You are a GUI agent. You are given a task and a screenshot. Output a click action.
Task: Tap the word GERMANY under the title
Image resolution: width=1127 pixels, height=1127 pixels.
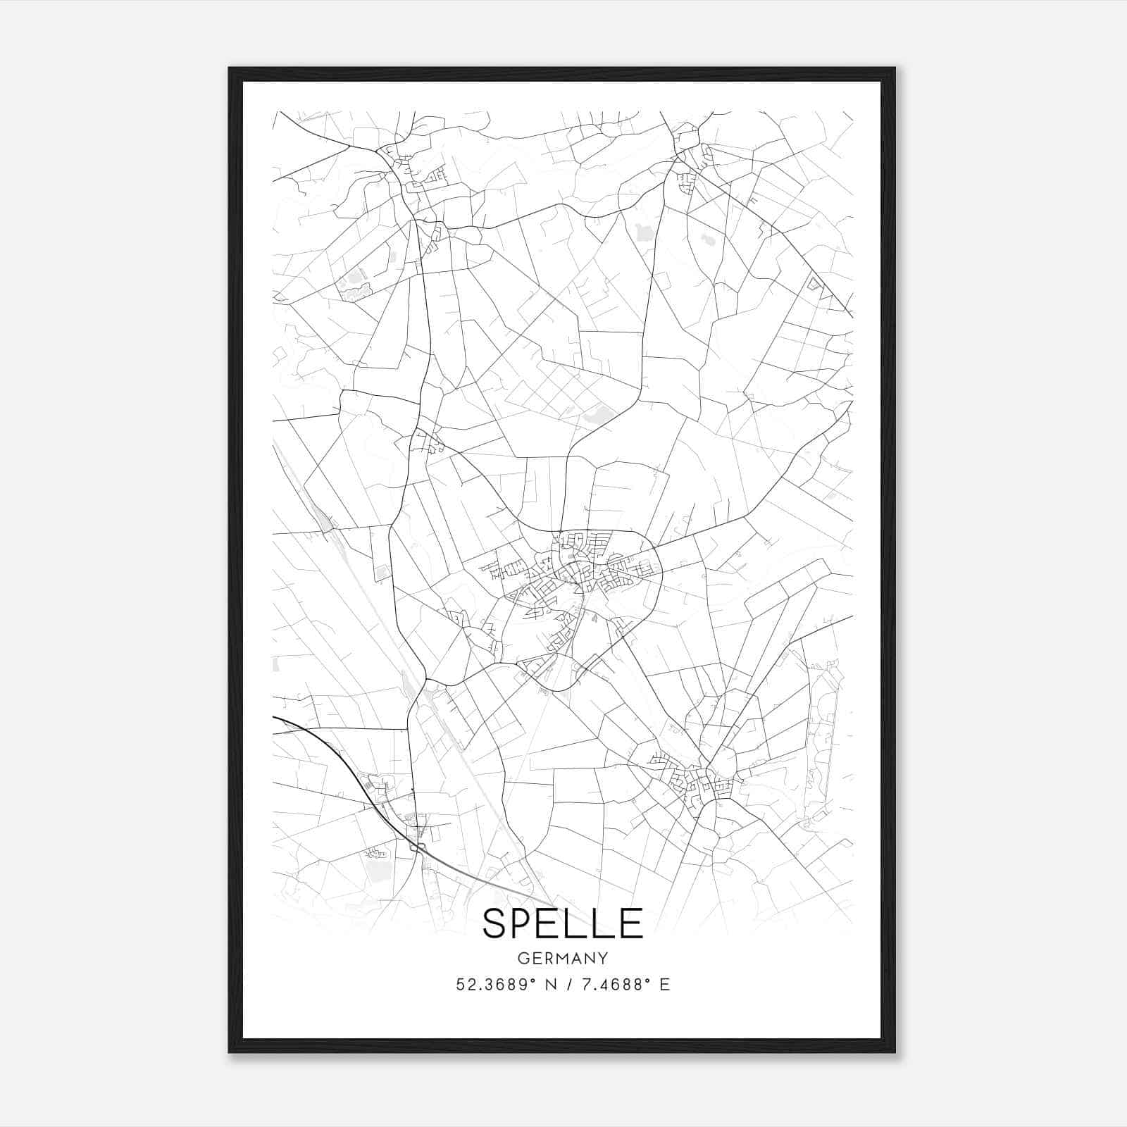pos(563,959)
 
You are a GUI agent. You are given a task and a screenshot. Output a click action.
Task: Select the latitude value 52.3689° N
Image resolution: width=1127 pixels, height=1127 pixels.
pos(506,985)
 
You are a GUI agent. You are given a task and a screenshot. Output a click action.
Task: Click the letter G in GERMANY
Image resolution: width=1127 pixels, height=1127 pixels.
pos(523,959)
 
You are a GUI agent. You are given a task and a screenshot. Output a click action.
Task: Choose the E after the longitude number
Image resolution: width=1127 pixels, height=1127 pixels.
pos(664,985)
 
